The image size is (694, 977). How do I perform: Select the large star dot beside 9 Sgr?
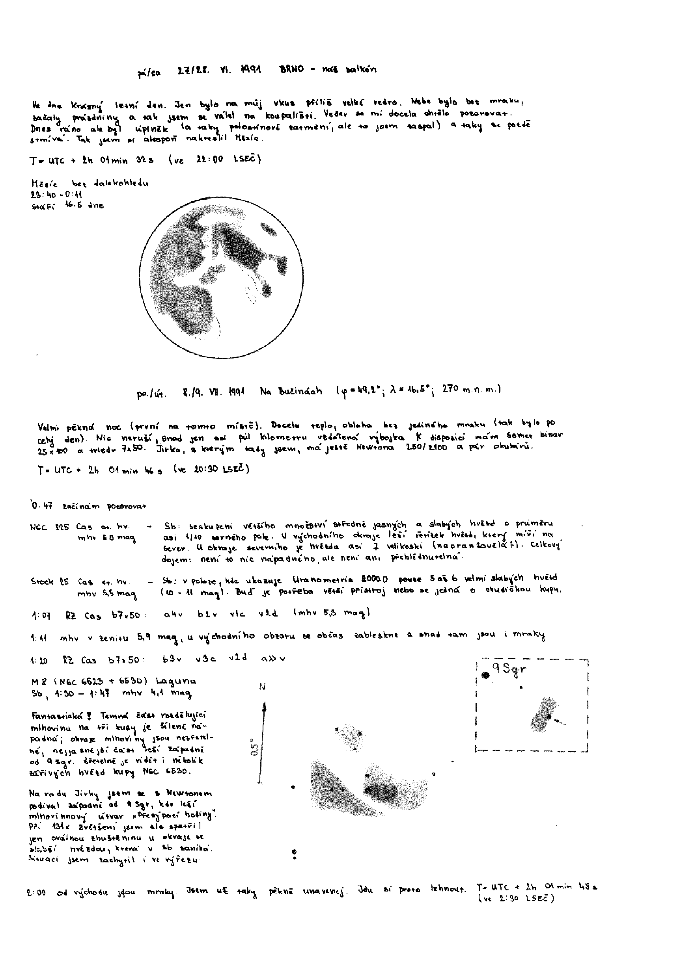(x=485, y=675)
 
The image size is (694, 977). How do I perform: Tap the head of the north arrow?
(x=265, y=706)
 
